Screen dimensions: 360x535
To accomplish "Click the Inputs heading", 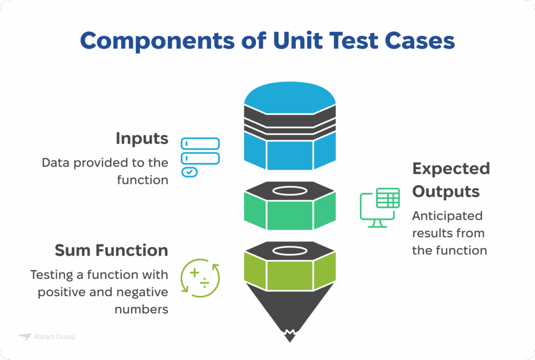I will pyautogui.click(x=142, y=138).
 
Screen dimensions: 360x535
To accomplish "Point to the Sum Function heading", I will pyautogui.click(x=111, y=250).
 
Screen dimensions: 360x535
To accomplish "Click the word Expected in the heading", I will pyautogui.click(x=451, y=169).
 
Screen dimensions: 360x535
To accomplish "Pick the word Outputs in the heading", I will pyautogui.click(x=446, y=191).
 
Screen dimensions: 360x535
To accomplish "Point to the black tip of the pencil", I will pyautogui.click(x=289, y=334).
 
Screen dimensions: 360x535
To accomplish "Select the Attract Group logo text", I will pyautogui.click(x=55, y=337).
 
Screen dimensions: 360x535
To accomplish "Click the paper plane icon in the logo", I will pyautogui.click(x=25, y=337).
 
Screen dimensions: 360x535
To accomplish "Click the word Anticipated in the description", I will pyautogui.click(x=447, y=216).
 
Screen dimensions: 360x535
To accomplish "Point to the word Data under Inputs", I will pyautogui.click(x=56, y=163).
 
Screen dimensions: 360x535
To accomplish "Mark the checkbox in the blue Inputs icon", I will pyautogui.click(x=189, y=171).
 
